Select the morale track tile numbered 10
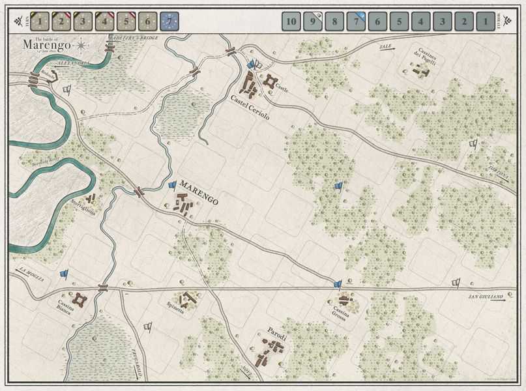pyautogui.click(x=291, y=22)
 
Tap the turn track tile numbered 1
pyautogui.click(x=40, y=21)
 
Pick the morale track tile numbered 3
pyautogui.click(x=442, y=22)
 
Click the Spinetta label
pyautogui.click(x=175, y=310)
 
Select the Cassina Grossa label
pyautogui.click(x=345, y=313)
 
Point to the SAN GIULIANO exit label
pyautogui.click(x=486, y=298)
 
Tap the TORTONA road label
pyautogui.click(x=499, y=172)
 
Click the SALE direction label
pyautogui.click(x=387, y=46)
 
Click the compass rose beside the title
pyautogui.click(x=81, y=45)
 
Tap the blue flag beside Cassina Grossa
pyautogui.click(x=337, y=285)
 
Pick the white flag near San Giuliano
pyautogui.click(x=456, y=282)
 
